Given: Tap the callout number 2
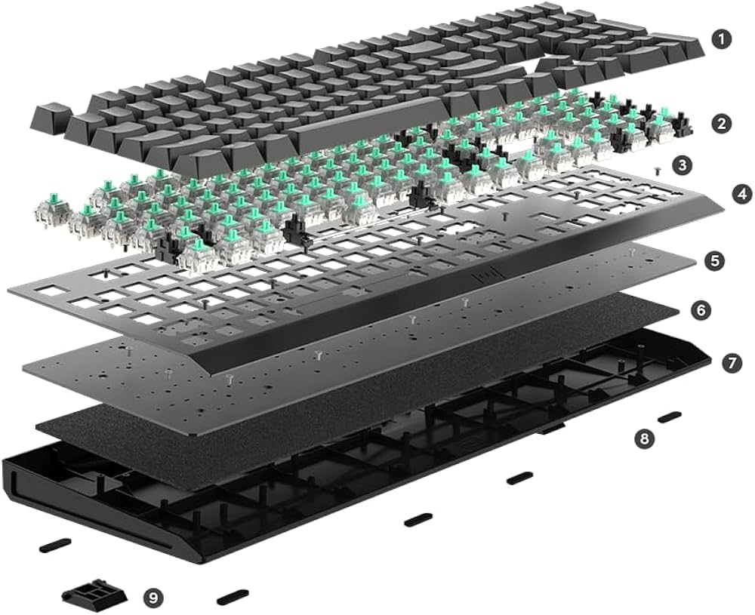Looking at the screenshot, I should [x=723, y=123].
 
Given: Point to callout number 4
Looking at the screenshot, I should [x=742, y=193].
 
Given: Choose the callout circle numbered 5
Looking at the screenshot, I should [x=714, y=261].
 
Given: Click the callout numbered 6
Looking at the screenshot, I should [x=701, y=310].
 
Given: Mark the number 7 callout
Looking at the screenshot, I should [x=731, y=363].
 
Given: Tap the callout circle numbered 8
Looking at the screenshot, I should [x=644, y=438].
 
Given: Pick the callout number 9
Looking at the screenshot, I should [x=153, y=598].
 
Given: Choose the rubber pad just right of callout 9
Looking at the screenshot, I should [x=233, y=597].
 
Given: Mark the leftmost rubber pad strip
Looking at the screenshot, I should [x=55, y=544].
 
